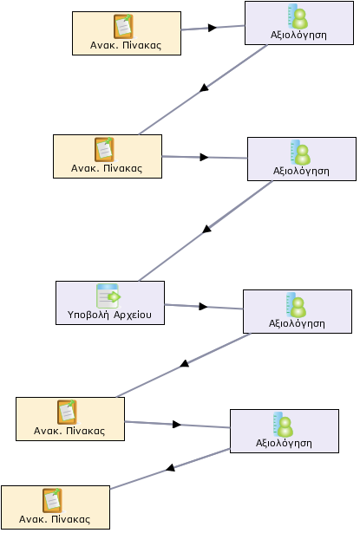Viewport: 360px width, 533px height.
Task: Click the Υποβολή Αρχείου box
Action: coord(110,302)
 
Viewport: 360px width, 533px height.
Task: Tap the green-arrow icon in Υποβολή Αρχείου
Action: coord(108,296)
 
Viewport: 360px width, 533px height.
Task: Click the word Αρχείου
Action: coord(133,315)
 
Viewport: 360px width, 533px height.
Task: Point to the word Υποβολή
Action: coord(88,315)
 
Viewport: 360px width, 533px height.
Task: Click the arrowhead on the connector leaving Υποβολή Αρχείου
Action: coord(203,307)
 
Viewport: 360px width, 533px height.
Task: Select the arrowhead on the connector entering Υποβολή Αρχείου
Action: coord(206,230)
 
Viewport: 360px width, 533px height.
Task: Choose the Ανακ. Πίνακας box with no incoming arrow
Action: coord(127,33)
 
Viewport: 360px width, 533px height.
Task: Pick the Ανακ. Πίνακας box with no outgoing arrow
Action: coord(56,507)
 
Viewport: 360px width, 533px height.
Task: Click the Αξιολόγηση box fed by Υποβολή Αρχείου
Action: coord(298,311)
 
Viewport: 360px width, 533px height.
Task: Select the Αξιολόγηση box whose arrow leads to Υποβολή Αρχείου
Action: coord(302,159)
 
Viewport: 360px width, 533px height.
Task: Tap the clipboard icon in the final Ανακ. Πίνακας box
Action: coord(52,500)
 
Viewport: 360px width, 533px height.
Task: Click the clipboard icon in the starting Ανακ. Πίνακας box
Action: coord(123,26)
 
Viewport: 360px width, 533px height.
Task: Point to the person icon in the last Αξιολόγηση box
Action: coord(283,424)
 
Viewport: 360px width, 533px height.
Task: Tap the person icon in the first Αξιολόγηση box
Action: coord(298,16)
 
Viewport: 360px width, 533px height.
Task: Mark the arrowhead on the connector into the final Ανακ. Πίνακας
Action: coord(171,468)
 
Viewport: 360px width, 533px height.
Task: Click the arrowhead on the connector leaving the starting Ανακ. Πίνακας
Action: coord(213,28)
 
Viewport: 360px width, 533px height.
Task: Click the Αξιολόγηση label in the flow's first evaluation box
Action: coord(298,36)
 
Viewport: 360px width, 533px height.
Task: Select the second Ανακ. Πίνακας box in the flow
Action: coord(108,156)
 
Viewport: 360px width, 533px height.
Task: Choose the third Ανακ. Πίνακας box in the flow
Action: coord(70,419)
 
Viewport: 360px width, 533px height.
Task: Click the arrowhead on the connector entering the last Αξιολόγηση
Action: coord(177,424)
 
